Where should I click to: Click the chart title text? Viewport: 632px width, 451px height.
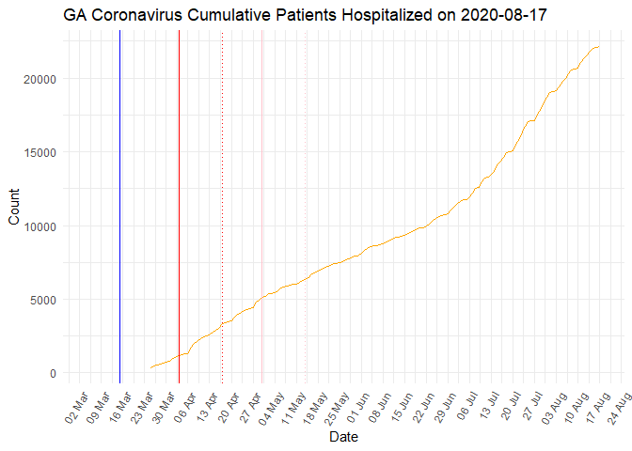pyautogui.click(x=307, y=16)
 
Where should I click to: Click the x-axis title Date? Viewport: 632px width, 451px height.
pyautogui.click(x=342, y=437)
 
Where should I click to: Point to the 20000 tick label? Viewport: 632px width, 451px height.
pyautogui.click(x=39, y=79)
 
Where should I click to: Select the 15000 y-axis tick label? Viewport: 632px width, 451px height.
pyautogui.click(x=39, y=152)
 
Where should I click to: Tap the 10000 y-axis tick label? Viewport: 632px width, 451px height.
pyautogui.click(x=39, y=225)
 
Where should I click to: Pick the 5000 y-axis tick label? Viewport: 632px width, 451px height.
pyautogui.click(x=41, y=300)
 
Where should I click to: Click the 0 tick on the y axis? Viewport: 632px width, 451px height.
pyautogui.click(x=52, y=373)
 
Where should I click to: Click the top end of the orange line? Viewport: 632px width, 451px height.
pyautogui.click(x=598, y=47)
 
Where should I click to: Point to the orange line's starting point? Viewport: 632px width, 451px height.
pyautogui.click(x=150, y=367)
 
